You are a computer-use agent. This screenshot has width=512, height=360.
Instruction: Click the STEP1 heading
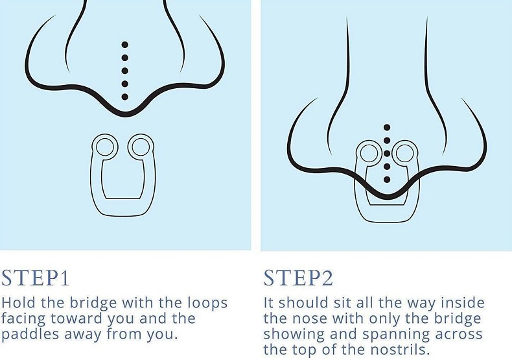click(x=35, y=277)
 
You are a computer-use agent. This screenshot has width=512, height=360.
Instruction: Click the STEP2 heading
click(x=298, y=277)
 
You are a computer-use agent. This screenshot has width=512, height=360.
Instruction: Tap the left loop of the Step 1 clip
click(x=103, y=147)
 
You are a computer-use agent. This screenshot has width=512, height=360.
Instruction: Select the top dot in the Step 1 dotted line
click(x=125, y=45)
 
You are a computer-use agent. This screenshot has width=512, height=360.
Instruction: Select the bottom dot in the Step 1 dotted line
click(x=125, y=97)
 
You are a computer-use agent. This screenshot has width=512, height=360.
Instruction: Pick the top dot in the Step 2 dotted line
click(x=387, y=127)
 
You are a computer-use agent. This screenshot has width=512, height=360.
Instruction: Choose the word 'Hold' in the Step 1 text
click(x=16, y=303)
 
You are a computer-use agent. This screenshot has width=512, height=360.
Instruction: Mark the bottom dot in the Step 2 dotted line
click(x=387, y=179)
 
